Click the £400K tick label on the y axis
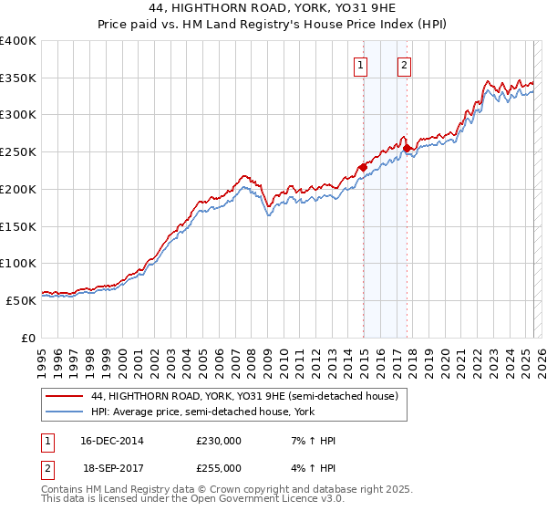click(x=18, y=41)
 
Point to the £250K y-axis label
click(x=18, y=152)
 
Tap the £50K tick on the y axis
click(x=21, y=300)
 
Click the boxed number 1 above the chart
click(x=362, y=65)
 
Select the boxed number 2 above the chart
click(x=403, y=65)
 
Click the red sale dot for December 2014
click(x=363, y=167)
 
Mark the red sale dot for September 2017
click(x=408, y=149)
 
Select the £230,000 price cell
click(x=219, y=440)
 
